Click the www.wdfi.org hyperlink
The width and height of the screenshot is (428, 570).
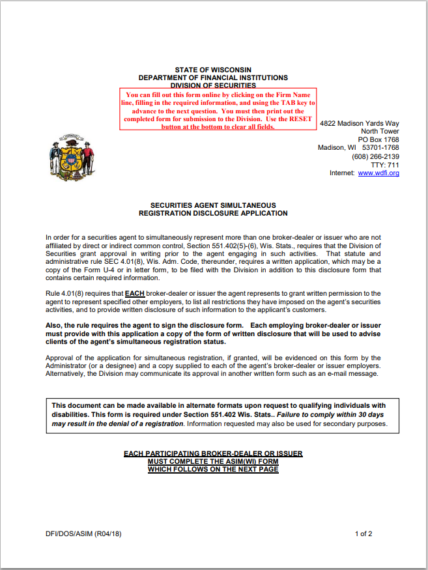click(x=378, y=173)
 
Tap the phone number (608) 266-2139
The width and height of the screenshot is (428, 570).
click(x=375, y=156)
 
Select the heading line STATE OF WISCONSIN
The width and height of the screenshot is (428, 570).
click(x=213, y=70)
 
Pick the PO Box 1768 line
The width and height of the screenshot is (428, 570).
click(x=378, y=139)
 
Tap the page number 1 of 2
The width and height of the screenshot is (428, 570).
click(x=364, y=534)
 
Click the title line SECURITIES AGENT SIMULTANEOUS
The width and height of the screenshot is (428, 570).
click(x=213, y=205)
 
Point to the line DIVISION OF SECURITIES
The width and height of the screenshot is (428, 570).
click(x=213, y=85)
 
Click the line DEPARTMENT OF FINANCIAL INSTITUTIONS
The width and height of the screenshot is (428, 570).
click(x=213, y=78)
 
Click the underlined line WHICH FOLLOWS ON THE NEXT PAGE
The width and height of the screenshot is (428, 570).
click(x=213, y=469)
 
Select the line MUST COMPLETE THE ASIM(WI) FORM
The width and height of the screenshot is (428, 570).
click(x=213, y=461)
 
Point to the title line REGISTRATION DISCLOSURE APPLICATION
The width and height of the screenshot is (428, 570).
click(x=213, y=213)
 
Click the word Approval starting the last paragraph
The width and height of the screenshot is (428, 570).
click(x=61, y=358)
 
